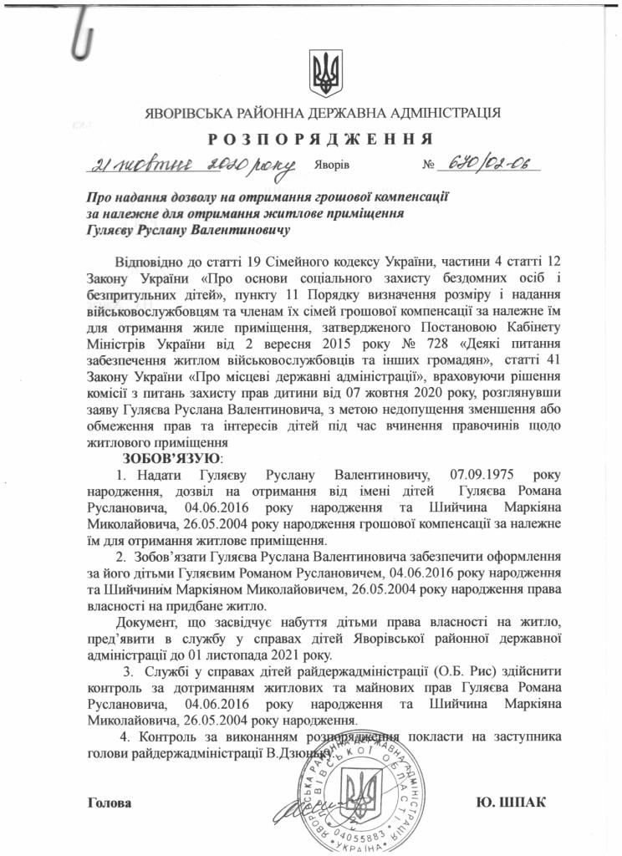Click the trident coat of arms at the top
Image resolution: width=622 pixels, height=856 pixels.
pyautogui.click(x=323, y=74)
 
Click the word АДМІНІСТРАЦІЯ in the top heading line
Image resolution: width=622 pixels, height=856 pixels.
pyautogui.click(x=439, y=112)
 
